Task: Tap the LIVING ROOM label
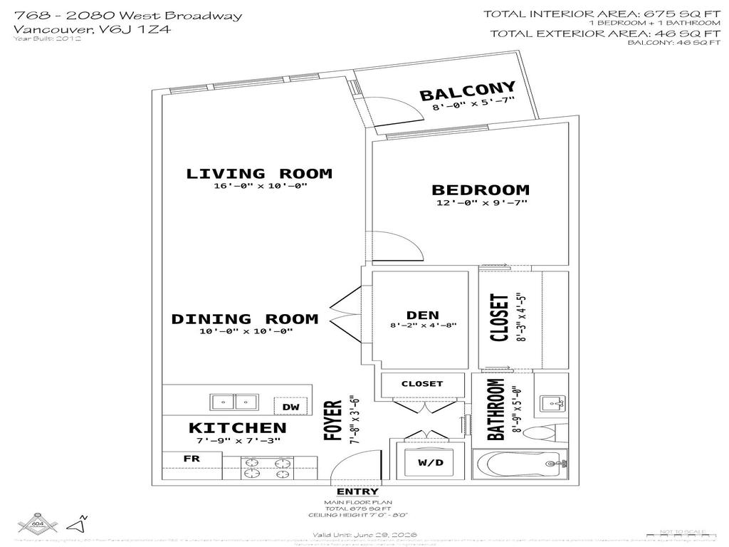[259, 173]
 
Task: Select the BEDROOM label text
[481, 190]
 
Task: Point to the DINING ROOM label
[244, 319]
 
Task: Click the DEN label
[423, 315]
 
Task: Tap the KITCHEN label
[237, 428]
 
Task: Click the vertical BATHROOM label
[495, 409]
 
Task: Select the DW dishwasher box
[290, 406]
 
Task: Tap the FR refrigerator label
[192, 459]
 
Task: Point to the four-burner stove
[268, 469]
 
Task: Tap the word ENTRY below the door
[357, 492]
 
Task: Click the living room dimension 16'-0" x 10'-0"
[259, 187]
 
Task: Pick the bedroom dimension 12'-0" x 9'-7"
[482, 203]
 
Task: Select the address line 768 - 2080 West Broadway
[127, 16]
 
